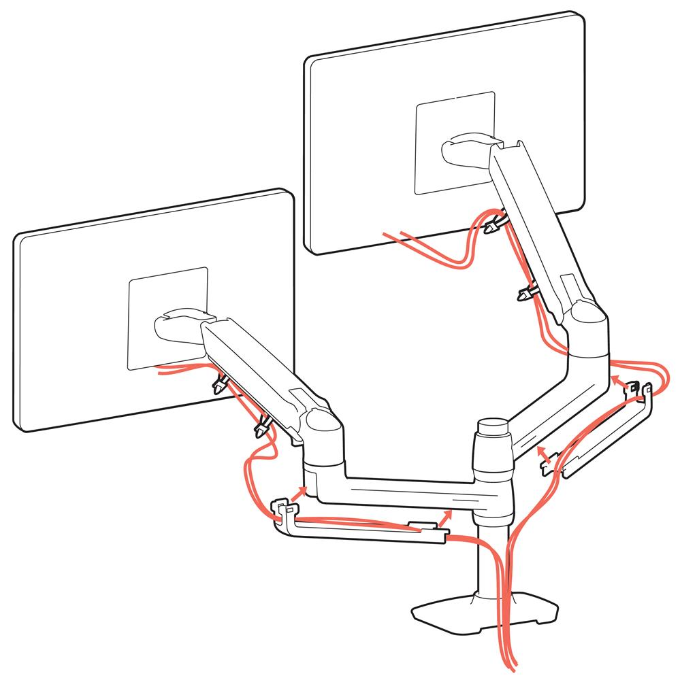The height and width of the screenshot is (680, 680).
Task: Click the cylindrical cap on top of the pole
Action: pos(493,428)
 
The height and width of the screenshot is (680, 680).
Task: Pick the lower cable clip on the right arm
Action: pos(527,294)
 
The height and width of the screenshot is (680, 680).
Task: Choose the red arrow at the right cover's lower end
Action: pos(542,453)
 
